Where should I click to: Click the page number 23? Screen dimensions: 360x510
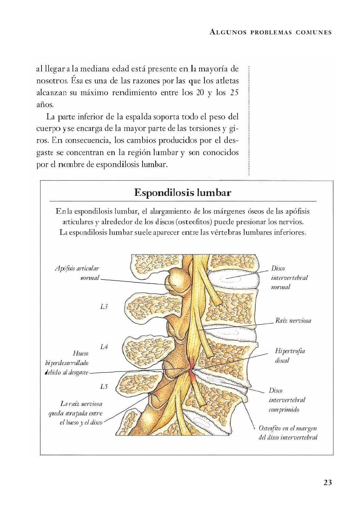pyautogui.click(x=327, y=482)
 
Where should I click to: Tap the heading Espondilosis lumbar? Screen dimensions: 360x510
pyautogui.click(x=183, y=193)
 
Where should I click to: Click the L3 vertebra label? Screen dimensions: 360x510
pyautogui.click(x=104, y=307)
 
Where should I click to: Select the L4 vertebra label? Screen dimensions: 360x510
pyautogui.click(x=104, y=347)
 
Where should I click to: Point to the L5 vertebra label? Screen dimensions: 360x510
pyautogui.click(x=104, y=386)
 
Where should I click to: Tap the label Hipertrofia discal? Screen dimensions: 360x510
pyautogui.click(x=290, y=355)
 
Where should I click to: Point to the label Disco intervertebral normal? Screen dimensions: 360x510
pyautogui.click(x=289, y=277)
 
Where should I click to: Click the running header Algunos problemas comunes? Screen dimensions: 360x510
pyautogui.click(x=271, y=33)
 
